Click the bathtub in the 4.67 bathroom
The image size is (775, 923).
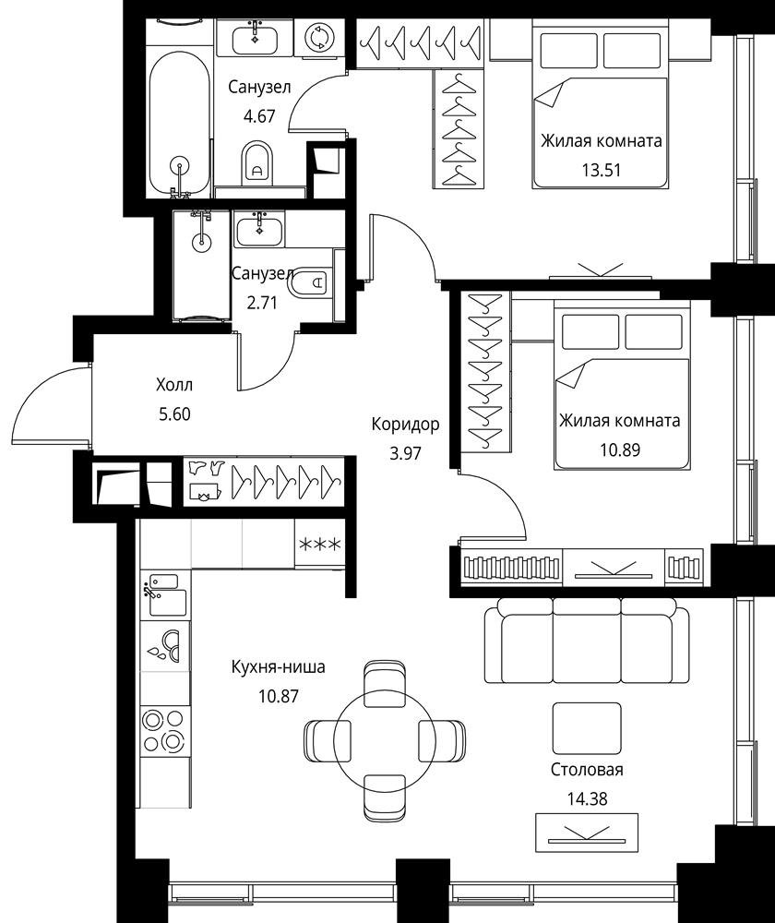[x=179, y=124]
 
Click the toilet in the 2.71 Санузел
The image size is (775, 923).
[x=309, y=283]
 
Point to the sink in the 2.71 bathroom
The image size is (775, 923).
[x=259, y=230]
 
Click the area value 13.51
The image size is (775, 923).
[x=602, y=170]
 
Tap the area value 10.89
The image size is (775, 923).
[x=620, y=450]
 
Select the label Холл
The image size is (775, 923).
[x=174, y=385]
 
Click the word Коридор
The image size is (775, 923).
[x=405, y=424]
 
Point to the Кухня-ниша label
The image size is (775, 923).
[x=279, y=667]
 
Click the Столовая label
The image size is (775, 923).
[x=587, y=770]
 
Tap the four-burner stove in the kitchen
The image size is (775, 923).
[x=165, y=730]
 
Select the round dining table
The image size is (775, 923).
[x=384, y=740]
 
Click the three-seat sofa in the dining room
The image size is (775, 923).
[x=587, y=641]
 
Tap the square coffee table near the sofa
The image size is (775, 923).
[x=587, y=728]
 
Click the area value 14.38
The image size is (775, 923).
[x=587, y=798]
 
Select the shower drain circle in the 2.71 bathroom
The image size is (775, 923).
[x=202, y=240]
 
